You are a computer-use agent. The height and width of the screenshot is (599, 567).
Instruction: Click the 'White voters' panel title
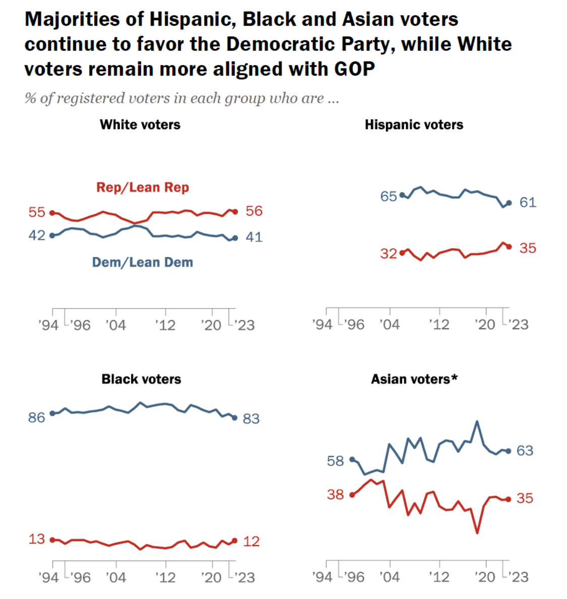coord(140,125)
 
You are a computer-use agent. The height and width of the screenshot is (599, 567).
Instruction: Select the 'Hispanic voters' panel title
coord(414,125)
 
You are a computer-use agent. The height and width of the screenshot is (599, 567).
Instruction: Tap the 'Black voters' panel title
coord(141,379)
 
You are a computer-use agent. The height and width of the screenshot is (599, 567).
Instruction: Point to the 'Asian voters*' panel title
coord(414,379)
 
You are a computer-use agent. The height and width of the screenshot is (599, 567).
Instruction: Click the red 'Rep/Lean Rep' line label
coord(143,187)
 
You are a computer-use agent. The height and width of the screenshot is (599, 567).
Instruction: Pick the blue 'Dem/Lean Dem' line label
coord(143,262)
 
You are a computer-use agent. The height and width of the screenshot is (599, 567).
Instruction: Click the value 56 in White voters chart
coord(254,211)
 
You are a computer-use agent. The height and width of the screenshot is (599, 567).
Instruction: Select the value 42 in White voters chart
coord(37,235)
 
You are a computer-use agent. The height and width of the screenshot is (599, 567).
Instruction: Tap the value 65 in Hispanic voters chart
coord(389,196)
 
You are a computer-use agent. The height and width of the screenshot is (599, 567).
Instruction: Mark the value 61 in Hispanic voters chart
coord(528,202)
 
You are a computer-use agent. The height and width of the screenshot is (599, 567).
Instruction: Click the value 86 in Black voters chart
coord(37,417)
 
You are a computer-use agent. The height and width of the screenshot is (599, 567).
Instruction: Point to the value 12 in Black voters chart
coord(251,541)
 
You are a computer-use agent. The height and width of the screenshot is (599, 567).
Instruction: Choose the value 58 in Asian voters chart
coord(335,461)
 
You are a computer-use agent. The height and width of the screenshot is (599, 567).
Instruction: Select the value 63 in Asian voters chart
coord(525,451)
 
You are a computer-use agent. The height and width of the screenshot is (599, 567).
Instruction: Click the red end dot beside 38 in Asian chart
coord(352,495)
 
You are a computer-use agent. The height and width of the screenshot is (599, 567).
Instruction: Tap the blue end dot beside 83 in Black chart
coord(234,418)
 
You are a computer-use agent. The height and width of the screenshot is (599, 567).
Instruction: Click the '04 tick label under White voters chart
coord(115,325)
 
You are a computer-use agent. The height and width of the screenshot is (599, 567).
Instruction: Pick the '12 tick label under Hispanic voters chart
coord(439,325)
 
